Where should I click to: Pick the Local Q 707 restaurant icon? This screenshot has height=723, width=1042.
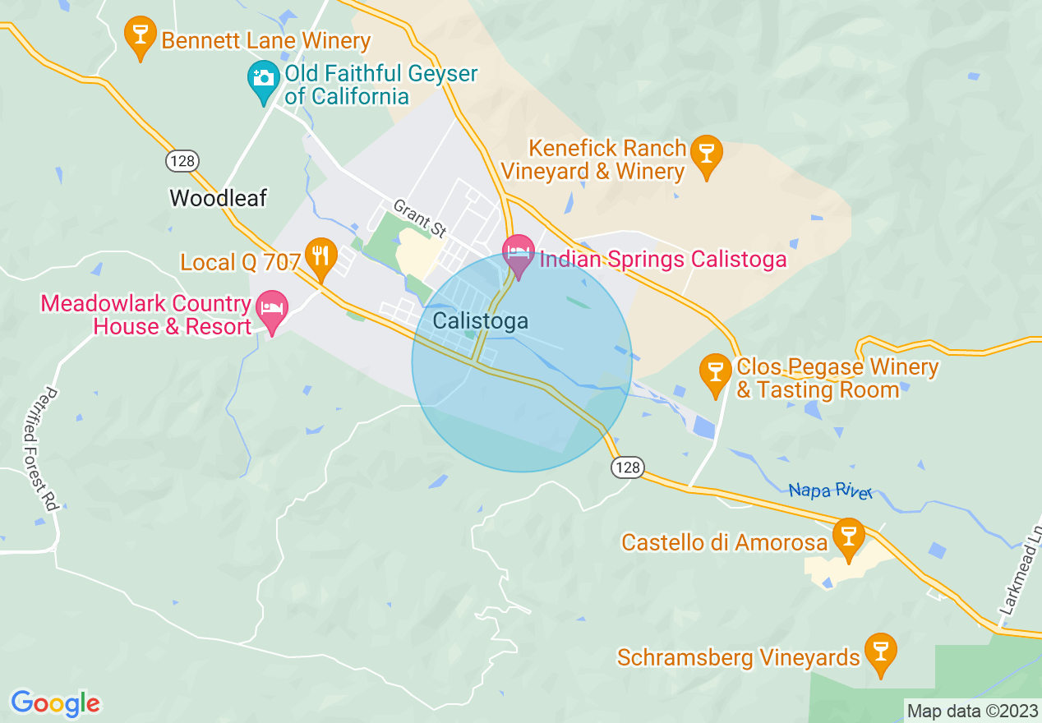coord(320,256)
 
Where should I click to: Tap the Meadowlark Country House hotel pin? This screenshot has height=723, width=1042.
coord(273,310)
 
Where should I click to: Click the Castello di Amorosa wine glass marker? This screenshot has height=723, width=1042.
coord(848,536)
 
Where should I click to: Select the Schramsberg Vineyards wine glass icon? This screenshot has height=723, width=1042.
coord(880,652)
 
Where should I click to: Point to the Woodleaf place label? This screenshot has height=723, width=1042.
coord(219,198)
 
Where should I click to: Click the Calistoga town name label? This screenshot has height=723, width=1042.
coord(480,321)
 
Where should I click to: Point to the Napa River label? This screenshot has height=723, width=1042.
coord(829,490)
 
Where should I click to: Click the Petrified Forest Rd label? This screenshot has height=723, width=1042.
coord(40,448)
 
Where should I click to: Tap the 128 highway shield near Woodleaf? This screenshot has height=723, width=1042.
coord(182,160)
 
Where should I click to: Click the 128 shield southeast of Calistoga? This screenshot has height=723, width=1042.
coord(626,467)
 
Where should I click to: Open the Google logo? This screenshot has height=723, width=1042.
coord(55,703)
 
